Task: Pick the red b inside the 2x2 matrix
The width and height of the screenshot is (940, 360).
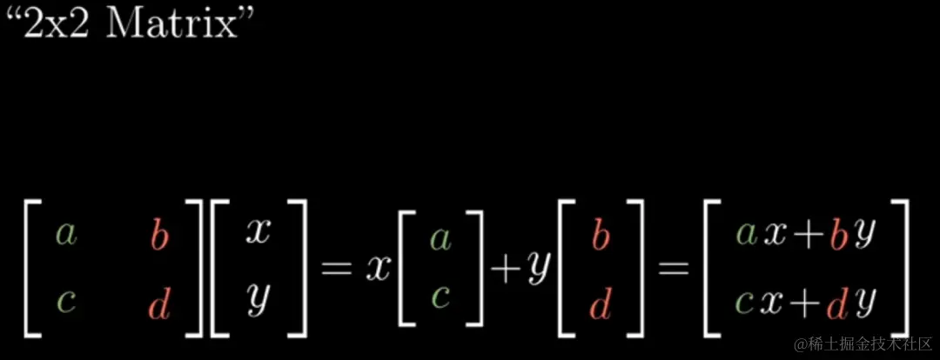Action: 158,236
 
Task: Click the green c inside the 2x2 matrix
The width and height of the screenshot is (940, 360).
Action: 64,302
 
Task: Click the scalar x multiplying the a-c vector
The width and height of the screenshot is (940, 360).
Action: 376,269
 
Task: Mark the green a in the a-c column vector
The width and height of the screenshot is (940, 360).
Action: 440,237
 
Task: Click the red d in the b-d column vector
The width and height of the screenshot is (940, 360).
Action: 601,303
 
